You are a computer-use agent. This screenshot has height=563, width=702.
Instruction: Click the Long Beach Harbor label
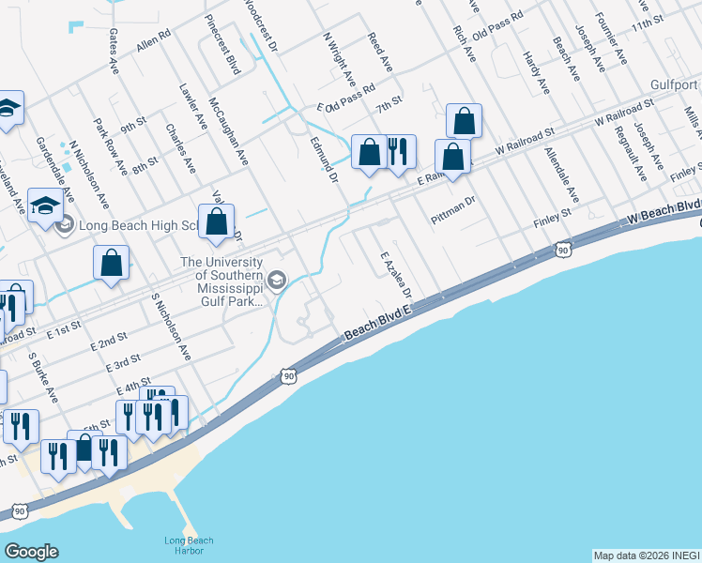(x=189, y=546)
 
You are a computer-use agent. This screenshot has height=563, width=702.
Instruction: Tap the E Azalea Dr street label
(x=395, y=273)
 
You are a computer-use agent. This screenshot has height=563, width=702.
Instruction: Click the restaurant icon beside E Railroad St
(x=398, y=150)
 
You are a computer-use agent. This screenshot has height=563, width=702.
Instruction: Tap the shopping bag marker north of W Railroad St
(x=464, y=120)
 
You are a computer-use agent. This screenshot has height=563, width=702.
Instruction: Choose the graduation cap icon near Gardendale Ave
(x=45, y=205)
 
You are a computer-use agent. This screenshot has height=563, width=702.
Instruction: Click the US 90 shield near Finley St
(x=562, y=250)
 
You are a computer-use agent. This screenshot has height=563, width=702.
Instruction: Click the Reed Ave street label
(x=379, y=53)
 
